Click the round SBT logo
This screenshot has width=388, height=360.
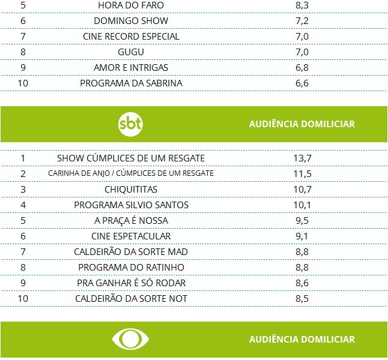coord(130,124)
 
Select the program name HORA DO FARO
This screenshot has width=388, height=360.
coord(130,5)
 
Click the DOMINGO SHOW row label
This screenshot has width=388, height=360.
coord(130,21)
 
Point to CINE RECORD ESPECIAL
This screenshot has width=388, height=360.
coord(131,37)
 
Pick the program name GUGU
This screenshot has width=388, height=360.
coord(131,52)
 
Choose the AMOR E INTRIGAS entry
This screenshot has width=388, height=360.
coord(131,68)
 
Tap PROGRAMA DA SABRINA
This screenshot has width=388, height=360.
coord(131,83)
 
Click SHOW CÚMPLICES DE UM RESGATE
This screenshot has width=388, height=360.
coord(131,158)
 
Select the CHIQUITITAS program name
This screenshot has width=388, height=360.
coord(131,190)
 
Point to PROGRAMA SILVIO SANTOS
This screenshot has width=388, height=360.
coord(131,205)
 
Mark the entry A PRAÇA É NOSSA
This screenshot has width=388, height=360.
coord(131,221)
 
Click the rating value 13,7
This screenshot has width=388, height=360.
coord(302,158)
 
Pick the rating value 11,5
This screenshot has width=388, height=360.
coord(302,174)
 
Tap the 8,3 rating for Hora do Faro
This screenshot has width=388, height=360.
coord(302,5)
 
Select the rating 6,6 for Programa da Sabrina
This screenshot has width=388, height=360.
coord(302,83)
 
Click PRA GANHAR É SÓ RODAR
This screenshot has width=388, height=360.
coord(131,283)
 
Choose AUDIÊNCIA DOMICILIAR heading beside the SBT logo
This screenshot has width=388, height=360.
coord(302,124)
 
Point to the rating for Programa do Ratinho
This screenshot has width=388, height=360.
coord(302,268)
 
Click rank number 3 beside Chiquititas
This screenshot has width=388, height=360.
coord(23,190)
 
